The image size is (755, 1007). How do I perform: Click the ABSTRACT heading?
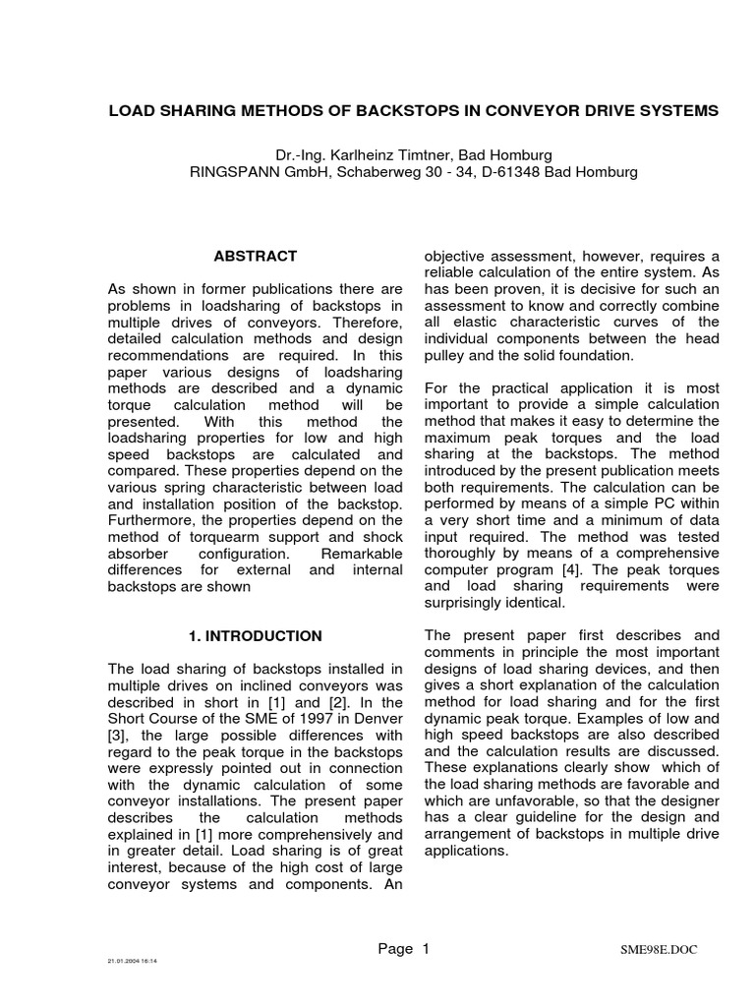coord(256,256)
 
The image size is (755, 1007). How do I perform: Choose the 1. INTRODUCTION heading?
coord(256,636)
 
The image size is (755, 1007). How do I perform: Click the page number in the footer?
coord(426,949)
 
